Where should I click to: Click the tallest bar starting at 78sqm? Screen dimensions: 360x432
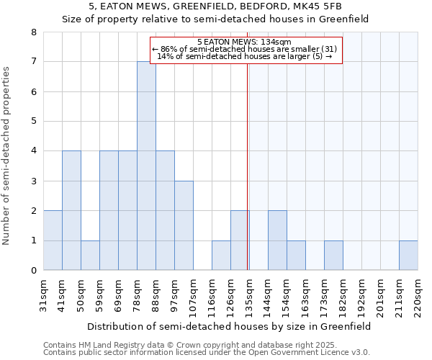146,166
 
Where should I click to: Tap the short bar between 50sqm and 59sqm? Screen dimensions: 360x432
90,255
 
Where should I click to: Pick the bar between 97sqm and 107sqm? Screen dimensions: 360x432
184,225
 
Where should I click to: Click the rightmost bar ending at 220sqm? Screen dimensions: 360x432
408,255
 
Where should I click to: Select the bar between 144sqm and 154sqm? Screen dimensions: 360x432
277,240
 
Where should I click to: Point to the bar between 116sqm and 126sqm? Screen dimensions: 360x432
221,255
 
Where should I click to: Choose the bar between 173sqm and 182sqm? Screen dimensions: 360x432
333,255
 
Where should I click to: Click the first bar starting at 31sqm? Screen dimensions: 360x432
53,240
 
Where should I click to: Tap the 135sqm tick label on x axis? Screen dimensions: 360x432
249,294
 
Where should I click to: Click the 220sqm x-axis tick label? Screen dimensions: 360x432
418,294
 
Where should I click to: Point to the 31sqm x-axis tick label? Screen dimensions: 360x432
43,294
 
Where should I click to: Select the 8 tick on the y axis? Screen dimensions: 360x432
33,32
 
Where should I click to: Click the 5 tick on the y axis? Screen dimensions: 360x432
33,122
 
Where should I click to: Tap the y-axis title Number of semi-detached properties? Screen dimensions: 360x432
6,156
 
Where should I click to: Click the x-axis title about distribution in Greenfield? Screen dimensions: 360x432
230,326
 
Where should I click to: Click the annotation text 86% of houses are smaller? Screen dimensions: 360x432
245,49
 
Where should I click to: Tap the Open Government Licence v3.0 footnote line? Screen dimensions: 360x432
207,352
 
